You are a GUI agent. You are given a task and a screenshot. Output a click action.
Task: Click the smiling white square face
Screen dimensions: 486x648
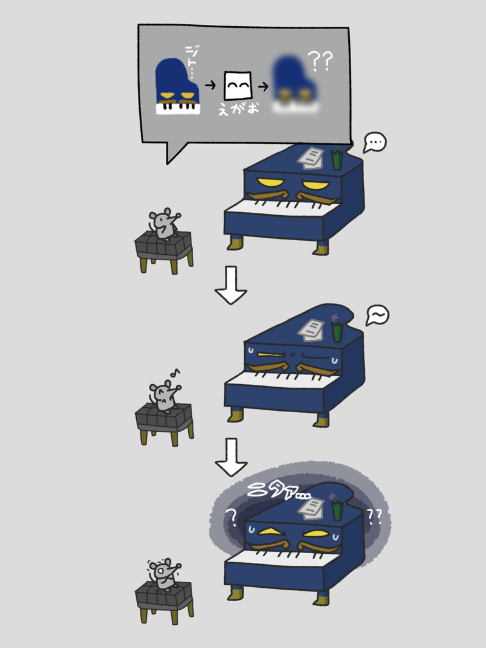238,86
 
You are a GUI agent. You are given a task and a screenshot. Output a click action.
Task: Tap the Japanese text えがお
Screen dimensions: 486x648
239,109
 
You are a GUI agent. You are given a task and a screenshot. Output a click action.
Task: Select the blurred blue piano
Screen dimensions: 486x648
295,85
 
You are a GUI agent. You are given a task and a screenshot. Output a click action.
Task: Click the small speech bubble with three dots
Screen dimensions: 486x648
374,143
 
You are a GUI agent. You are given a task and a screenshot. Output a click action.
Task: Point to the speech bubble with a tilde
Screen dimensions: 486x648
377,315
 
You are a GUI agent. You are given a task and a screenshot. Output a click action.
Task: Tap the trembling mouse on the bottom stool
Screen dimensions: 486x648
165,574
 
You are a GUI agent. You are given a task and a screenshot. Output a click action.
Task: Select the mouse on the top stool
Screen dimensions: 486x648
165,224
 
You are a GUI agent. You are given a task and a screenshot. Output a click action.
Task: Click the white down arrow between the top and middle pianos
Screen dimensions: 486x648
231,285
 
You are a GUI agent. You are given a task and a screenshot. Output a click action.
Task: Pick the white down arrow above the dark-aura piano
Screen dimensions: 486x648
231,457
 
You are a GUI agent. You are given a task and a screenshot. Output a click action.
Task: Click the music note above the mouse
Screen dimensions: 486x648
176,373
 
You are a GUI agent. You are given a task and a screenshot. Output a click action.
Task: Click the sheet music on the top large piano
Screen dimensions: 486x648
311,158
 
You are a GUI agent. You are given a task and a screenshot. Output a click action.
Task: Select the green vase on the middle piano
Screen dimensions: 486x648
337,331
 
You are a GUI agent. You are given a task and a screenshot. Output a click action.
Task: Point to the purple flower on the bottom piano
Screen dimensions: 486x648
333,496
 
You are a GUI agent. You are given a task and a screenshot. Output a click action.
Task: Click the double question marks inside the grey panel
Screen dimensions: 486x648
320,61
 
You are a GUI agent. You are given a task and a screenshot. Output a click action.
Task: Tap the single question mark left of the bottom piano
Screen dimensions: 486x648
231,517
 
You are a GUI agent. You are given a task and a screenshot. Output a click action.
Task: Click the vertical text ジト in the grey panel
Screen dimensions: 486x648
191,61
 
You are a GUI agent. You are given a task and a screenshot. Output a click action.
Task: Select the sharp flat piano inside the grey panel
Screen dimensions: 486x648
177,86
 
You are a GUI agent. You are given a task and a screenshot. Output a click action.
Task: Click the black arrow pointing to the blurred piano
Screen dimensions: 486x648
263,86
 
